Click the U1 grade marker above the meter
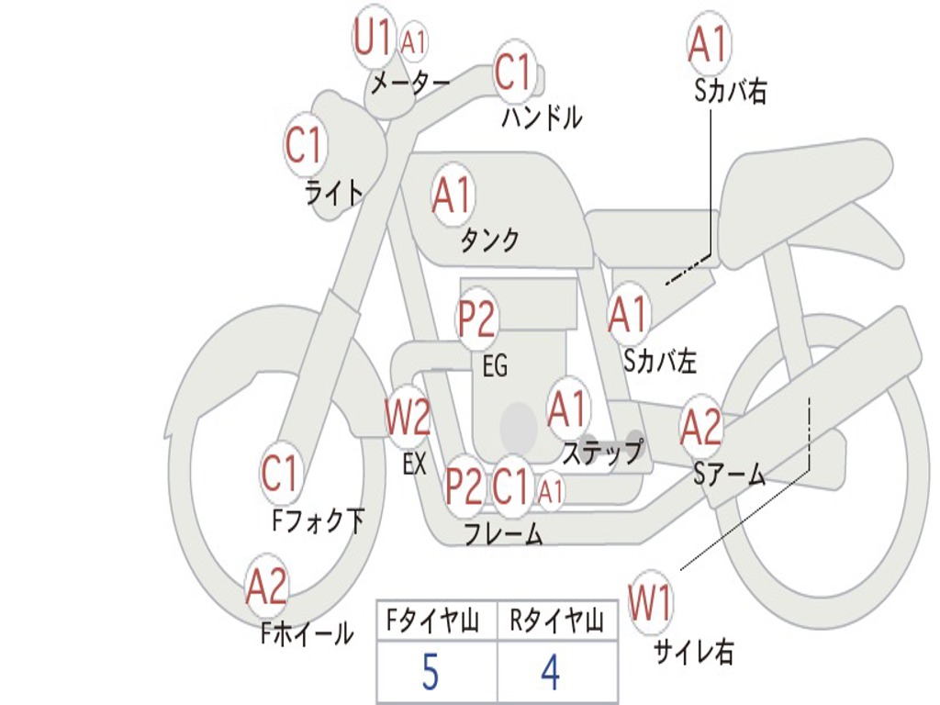(374, 37)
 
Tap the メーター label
(410, 83)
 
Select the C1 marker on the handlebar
(514, 72)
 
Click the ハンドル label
(542, 117)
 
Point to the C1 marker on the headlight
(306, 144)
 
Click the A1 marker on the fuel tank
(453, 195)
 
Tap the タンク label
(489, 241)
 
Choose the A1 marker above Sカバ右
(710, 44)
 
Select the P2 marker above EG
(476, 319)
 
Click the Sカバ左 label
(660, 361)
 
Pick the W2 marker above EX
(408, 416)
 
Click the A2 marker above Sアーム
(700, 427)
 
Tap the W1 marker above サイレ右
(651, 602)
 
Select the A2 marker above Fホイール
(267, 587)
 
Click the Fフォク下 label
(319, 520)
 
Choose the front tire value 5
(431, 672)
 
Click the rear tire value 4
(551, 672)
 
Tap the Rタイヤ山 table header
(556, 621)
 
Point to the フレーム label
(504, 534)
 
